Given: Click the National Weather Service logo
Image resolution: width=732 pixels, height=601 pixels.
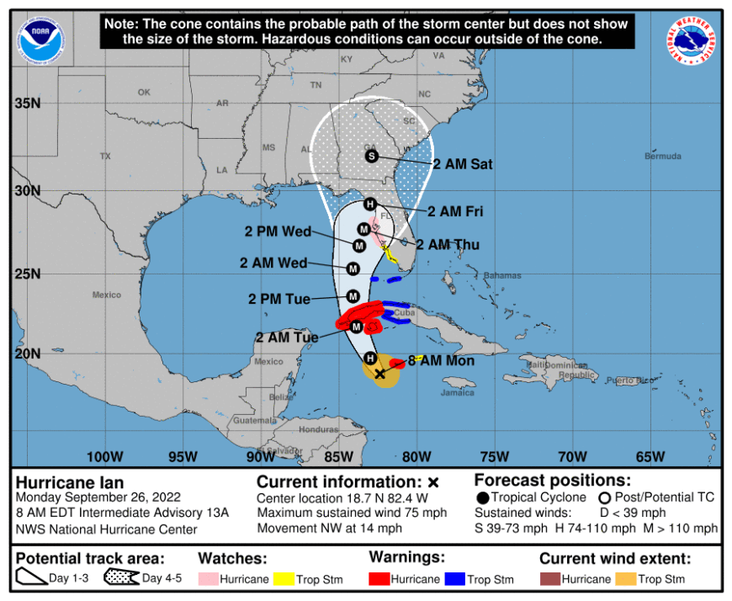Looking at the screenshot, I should pos(696,40).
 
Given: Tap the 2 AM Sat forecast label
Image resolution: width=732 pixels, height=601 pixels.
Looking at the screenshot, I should pos(464,164).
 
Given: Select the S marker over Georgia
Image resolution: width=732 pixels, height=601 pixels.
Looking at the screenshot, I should pos(371,156).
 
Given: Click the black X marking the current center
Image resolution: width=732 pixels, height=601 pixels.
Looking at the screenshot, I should pos(379,374).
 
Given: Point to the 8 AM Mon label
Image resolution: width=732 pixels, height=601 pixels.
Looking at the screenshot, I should pos(442,360).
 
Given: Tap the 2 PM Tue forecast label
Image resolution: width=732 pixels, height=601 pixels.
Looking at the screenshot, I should pos(278,299).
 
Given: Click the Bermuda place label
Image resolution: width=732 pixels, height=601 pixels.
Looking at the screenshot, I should pos(662,157).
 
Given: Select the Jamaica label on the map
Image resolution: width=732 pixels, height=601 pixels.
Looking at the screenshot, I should pos(457,392).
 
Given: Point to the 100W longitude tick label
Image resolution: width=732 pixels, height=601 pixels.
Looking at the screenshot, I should pos(104,457).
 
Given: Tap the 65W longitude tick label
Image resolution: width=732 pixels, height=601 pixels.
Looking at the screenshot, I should pos(650,457).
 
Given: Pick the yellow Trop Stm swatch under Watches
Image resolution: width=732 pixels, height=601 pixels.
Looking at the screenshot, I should pos(281,579).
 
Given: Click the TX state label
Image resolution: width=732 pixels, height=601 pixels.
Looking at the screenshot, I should pos(105,157).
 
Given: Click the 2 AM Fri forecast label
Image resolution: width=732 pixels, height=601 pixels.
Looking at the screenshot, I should pos(454,211).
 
